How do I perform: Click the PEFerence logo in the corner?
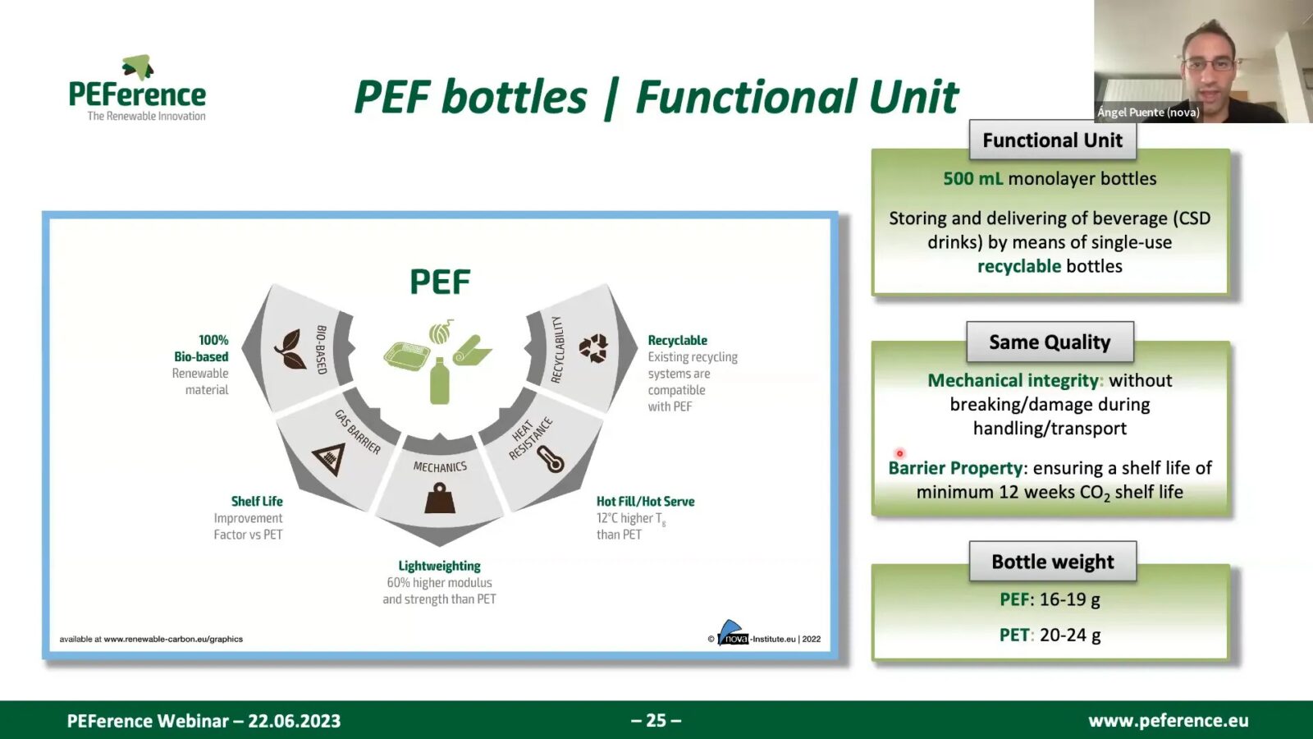138,90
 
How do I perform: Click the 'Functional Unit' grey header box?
1052,140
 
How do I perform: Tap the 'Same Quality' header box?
1050,342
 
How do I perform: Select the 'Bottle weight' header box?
1052,562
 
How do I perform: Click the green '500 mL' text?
972,179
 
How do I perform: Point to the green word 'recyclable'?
1018,266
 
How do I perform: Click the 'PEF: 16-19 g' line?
1050,599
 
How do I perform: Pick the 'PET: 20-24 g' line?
1050,635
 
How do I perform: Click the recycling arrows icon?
593,347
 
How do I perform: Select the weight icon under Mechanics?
440,498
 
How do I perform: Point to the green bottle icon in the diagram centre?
440,382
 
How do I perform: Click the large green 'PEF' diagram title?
440,282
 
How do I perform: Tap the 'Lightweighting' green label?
439,566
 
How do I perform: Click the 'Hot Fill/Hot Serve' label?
645,501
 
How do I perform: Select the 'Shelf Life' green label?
256,501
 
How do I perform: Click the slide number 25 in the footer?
656,720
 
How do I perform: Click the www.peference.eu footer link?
1168,720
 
